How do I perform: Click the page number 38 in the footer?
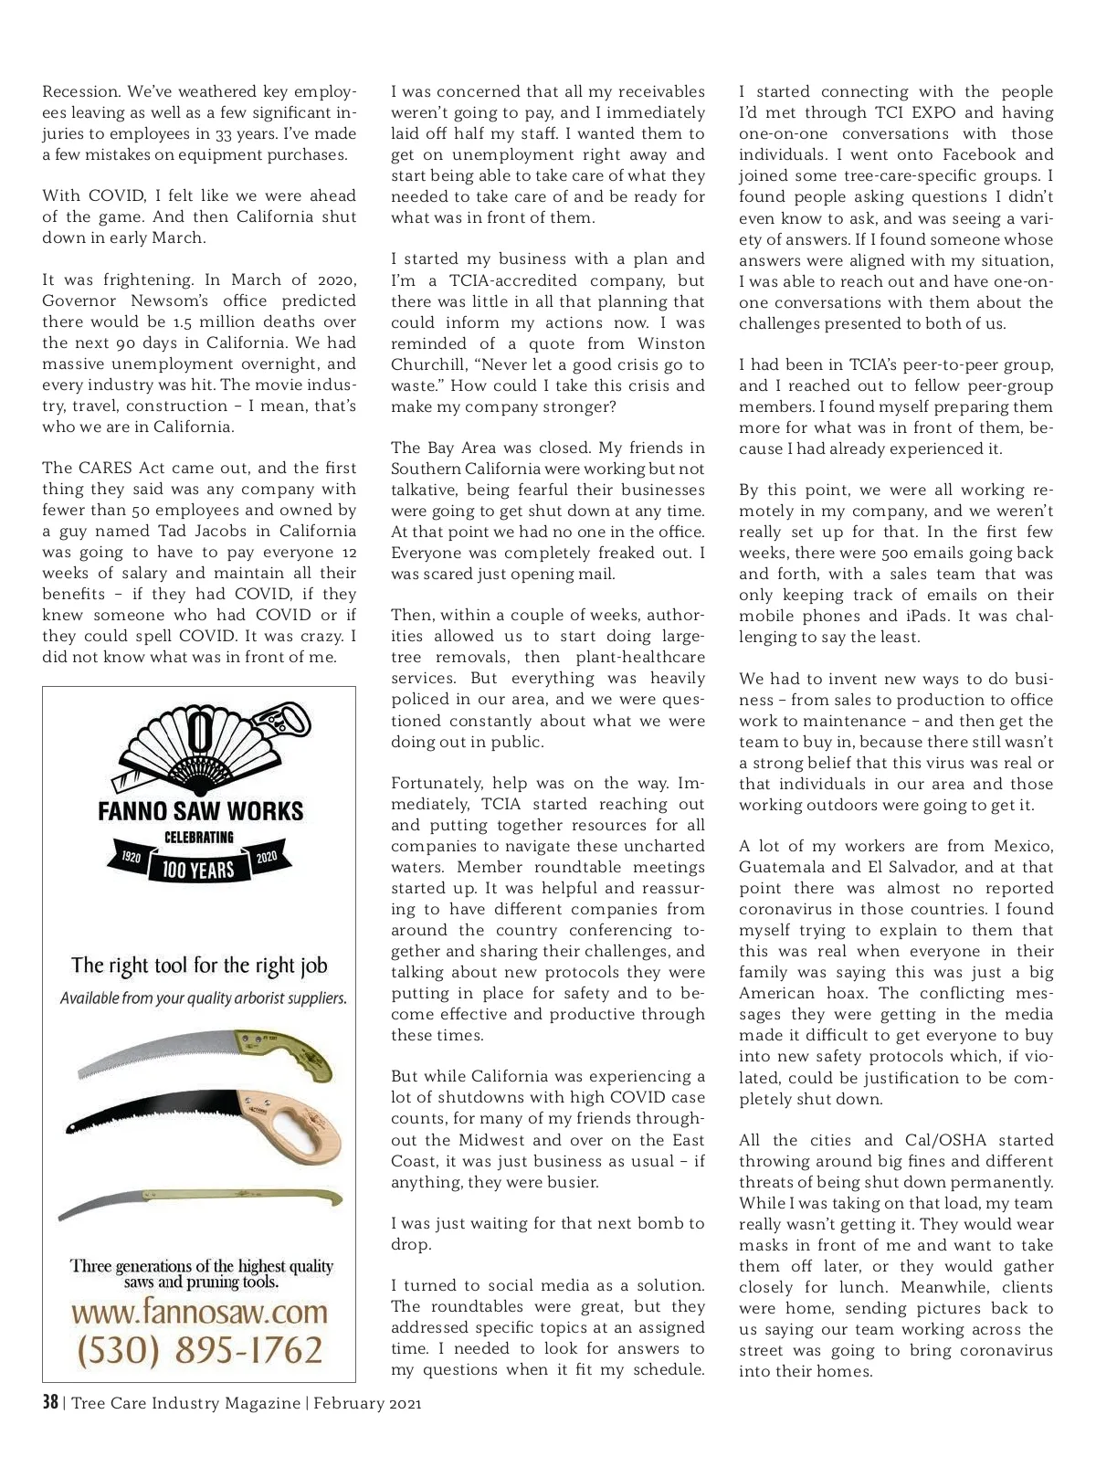[50, 1402]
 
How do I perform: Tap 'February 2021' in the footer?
[367, 1403]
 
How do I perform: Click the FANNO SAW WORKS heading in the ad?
[200, 811]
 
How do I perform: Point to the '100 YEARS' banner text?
[198, 870]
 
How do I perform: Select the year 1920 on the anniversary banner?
[132, 858]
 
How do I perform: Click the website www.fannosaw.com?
[199, 1312]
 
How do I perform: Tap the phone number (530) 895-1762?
[199, 1350]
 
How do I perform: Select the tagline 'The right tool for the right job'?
[199, 966]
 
